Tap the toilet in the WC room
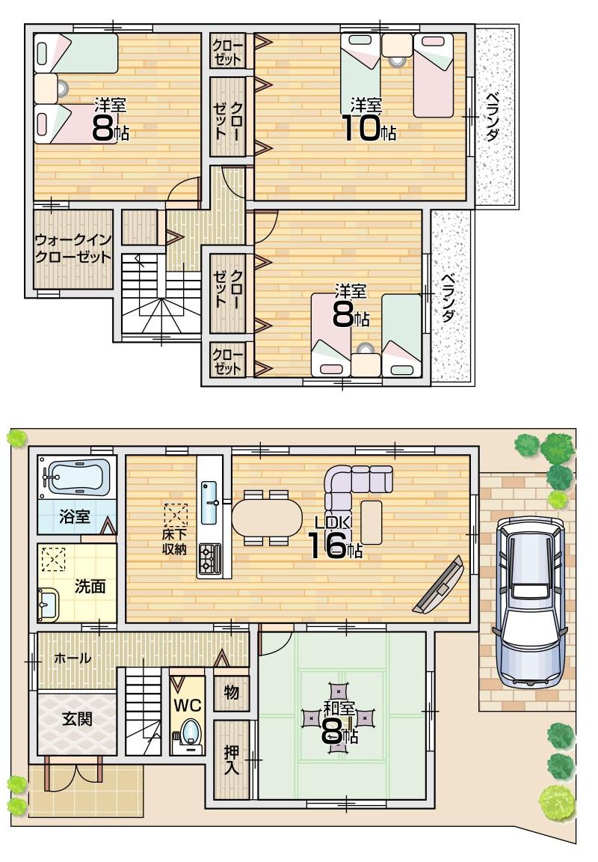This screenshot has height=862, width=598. (191, 733)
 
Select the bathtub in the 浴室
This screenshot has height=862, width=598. (76, 476)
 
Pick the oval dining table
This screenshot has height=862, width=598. (267, 517)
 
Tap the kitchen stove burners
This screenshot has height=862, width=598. (209, 559)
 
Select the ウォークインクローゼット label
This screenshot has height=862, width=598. (73, 248)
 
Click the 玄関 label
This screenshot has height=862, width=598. (76, 720)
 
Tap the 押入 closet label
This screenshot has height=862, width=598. (231, 760)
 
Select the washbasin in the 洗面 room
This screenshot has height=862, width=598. (49, 604)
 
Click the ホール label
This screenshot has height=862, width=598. (73, 658)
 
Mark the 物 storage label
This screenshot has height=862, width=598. (231, 693)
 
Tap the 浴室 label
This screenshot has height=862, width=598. (75, 516)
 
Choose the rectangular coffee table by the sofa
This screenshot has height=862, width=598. (372, 522)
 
